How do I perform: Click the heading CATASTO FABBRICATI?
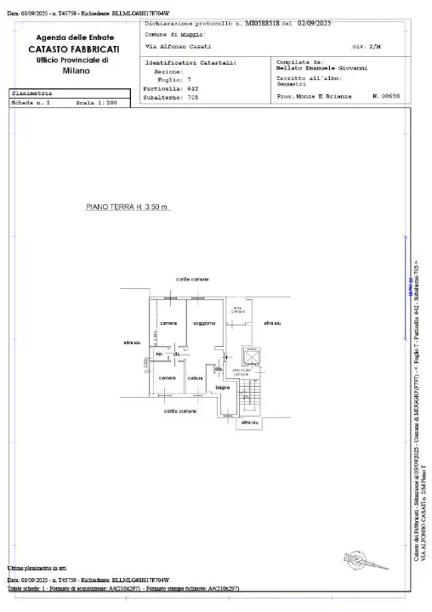pyautogui.click(x=77, y=50)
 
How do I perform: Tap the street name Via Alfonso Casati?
pyautogui.click(x=179, y=46)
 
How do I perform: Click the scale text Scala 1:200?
pyautogui.click(x=96, y=102)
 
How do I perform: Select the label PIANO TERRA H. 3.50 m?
pyautogui.click(x=128, y=207)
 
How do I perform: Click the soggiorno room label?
pyautogui.click(x=204, y=324)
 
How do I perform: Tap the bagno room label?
pyautogui.click(x=223, y=388)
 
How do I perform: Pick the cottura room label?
pyautogui.click(x=195, y=377)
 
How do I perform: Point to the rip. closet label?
pyautogui.click(x=158, y=354)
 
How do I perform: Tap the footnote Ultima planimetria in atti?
pyautogui.click(x=37, y=567)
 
